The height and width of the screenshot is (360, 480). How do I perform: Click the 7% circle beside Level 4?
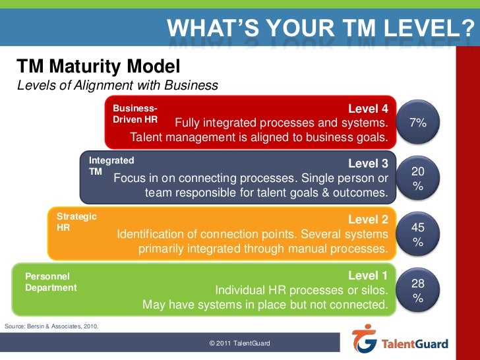tap(418, 123)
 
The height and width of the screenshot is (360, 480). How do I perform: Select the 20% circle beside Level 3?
tap(418, 179)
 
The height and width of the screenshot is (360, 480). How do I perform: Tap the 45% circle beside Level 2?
tap(418, 234)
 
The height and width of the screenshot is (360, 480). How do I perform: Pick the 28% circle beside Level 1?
tap(418, 289)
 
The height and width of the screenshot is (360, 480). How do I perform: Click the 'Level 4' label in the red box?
tap(373, 109)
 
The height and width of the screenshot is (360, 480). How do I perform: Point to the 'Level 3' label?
tap(373, 164)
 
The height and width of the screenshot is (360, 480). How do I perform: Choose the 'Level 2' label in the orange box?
tap(373, 220)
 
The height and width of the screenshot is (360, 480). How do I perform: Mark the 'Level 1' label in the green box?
tap(373, 276)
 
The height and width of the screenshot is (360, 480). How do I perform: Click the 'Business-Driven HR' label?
tap(135, 113)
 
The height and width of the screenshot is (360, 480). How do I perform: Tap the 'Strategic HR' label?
tap(76, 222)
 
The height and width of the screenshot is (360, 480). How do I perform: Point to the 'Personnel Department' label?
tap(51, 282)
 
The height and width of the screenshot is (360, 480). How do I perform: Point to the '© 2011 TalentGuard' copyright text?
tap(239, 344)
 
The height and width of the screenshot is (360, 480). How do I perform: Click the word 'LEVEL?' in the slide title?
tap(439, 29)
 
